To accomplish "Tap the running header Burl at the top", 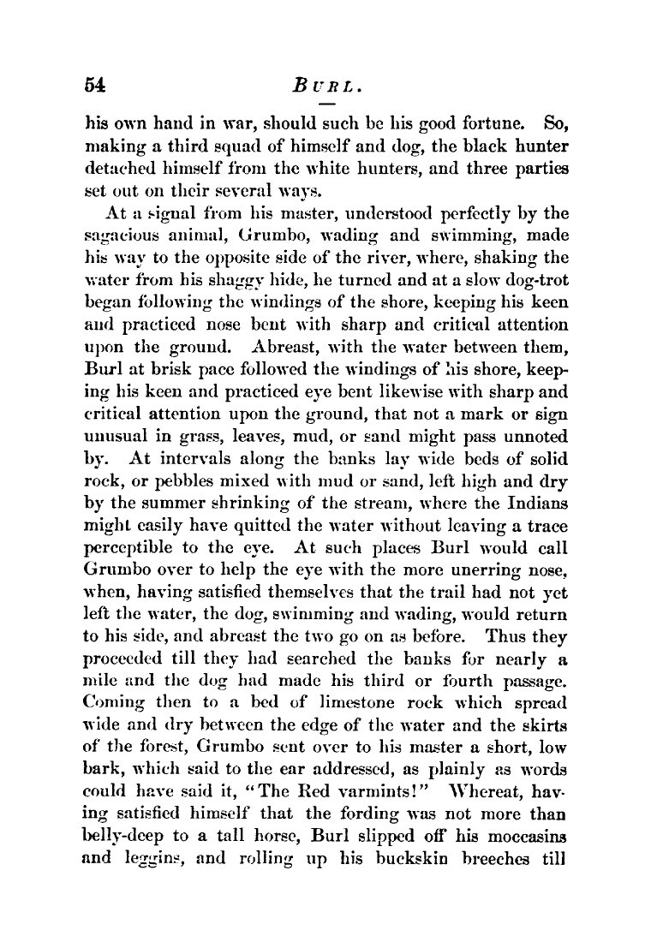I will tap(329, 85).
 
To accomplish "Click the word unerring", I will tap(470, 569).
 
